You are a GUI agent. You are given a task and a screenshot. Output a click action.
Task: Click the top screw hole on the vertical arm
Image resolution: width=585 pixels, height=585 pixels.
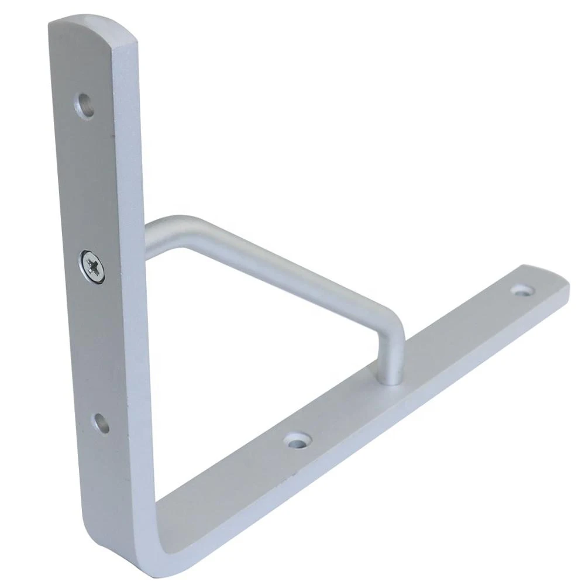(86, 106)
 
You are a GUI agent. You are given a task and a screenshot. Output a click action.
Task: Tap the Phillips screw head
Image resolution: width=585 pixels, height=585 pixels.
(93, 266)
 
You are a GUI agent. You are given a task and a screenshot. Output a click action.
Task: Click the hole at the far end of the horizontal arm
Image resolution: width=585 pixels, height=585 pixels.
(522, 289)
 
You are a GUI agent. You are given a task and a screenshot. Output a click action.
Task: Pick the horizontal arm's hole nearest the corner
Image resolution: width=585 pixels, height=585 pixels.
(298, 439)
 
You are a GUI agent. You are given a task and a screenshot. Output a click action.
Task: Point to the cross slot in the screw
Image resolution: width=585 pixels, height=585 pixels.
(93, 266)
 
